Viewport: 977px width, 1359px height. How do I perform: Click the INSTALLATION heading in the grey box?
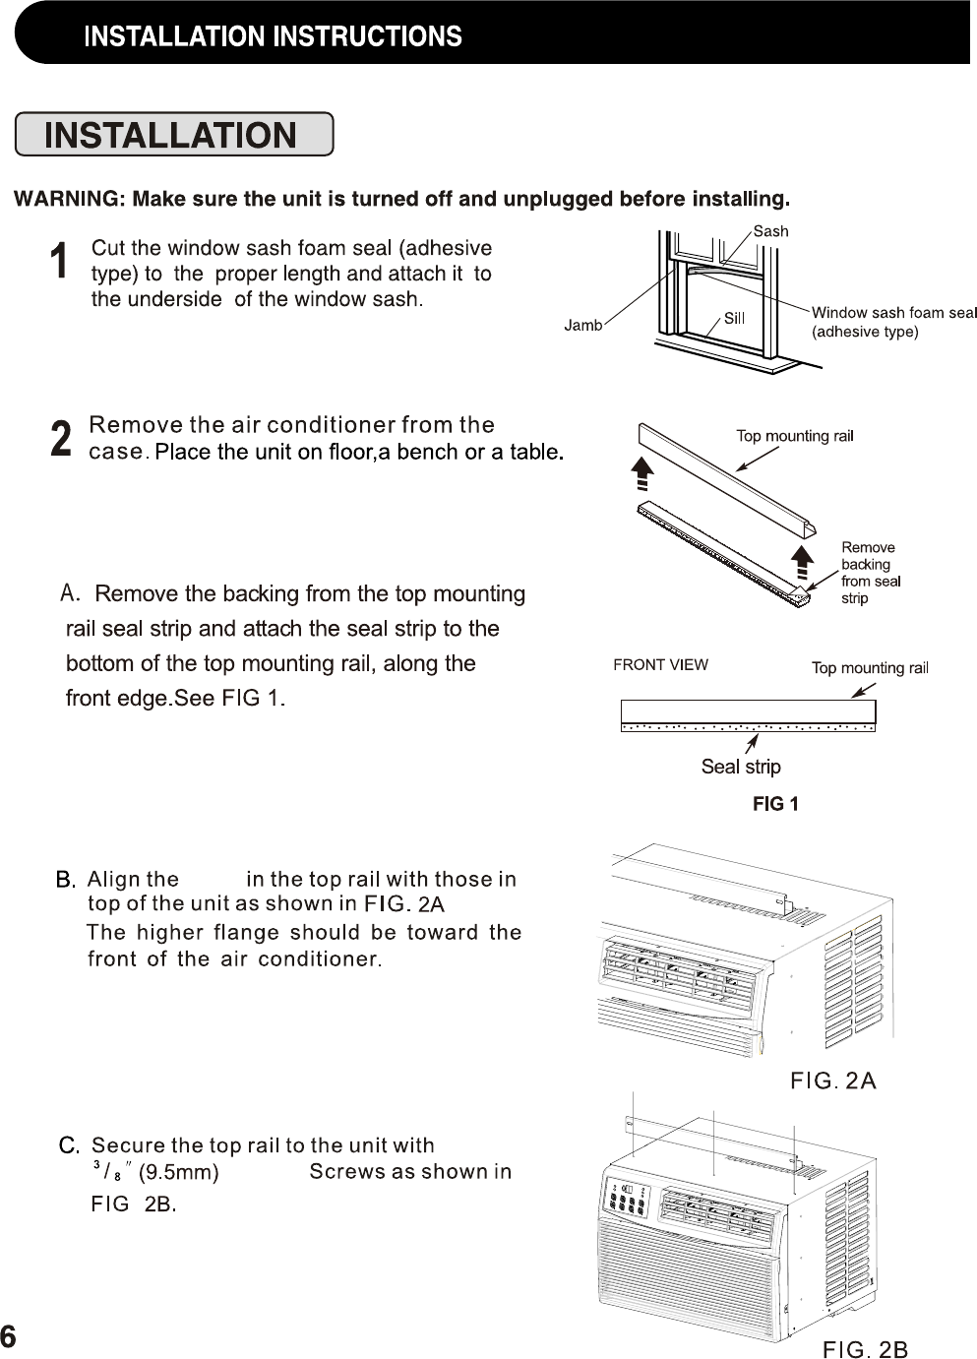171,135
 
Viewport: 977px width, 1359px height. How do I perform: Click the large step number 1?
60,263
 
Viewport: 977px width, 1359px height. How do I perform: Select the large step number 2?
61,439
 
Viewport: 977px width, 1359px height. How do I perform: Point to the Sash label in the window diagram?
771,231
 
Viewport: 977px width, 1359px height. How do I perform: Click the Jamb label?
582,325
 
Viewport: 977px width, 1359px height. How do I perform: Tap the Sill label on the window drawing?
735,318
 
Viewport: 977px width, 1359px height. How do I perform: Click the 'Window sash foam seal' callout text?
893,313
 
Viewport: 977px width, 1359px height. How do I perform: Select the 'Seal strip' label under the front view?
741,767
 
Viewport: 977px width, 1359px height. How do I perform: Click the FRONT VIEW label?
660,664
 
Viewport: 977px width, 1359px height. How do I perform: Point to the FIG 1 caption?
775,804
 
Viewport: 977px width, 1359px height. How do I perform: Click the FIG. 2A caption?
833,1081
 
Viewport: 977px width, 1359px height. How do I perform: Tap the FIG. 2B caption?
865,1348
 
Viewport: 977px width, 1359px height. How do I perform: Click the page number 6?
9,1336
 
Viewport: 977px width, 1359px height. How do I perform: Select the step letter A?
69,592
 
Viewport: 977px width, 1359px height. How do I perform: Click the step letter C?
69,1145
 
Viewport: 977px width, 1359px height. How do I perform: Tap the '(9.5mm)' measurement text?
178,1172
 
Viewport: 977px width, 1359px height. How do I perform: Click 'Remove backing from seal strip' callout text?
870,573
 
